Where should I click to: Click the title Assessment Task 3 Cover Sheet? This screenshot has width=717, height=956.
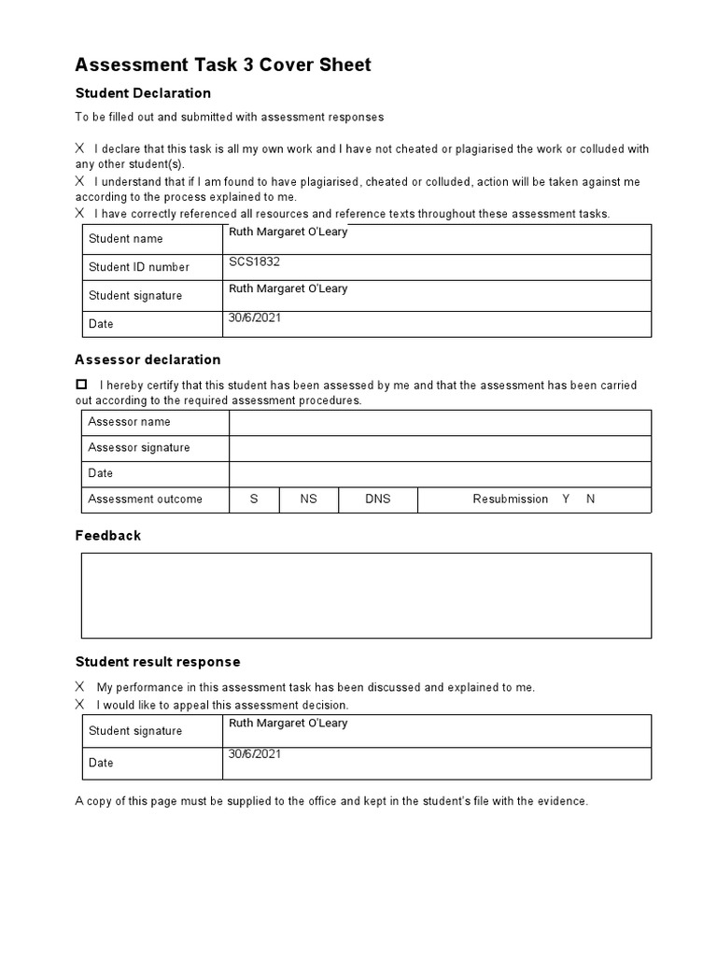tap(222, 64)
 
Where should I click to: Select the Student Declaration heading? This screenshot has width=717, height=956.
tap(143, 93)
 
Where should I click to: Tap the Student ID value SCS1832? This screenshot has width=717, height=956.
tap(254, 262)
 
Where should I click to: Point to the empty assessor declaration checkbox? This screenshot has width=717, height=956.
tap(81, 385)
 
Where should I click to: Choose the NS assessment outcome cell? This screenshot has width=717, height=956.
tap(308, 499)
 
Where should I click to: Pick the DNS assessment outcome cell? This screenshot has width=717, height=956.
tap(377, 499)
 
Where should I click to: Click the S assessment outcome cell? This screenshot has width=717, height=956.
tap(254, 499)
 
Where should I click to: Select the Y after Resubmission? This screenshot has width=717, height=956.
tap(566, 499)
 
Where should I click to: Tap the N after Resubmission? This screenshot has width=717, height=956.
tap(590, 499)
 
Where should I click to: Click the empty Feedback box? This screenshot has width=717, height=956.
tap(365, 596)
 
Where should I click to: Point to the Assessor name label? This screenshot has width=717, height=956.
tap(129, 422)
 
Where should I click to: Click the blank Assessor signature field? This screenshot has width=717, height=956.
tap(440, 448)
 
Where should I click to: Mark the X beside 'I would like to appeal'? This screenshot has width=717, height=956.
tap(80, 705)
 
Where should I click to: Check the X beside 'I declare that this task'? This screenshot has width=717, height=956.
tap(80, 148)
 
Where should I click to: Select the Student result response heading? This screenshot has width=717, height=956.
tap(157, 662)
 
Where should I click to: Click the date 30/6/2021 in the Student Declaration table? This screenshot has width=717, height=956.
tap(254, 317)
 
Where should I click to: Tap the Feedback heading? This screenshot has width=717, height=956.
tap(107, 536)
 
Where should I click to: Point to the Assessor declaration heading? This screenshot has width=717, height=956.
tap(148, 359)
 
